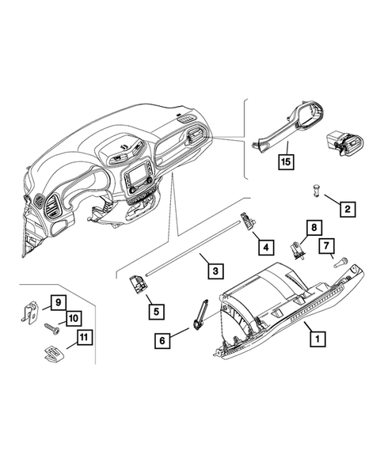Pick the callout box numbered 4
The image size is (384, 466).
(267, 248)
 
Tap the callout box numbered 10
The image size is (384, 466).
(72, 319)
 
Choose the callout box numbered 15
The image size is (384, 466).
(286, 163)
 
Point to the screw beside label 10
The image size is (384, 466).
(52, 325)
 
